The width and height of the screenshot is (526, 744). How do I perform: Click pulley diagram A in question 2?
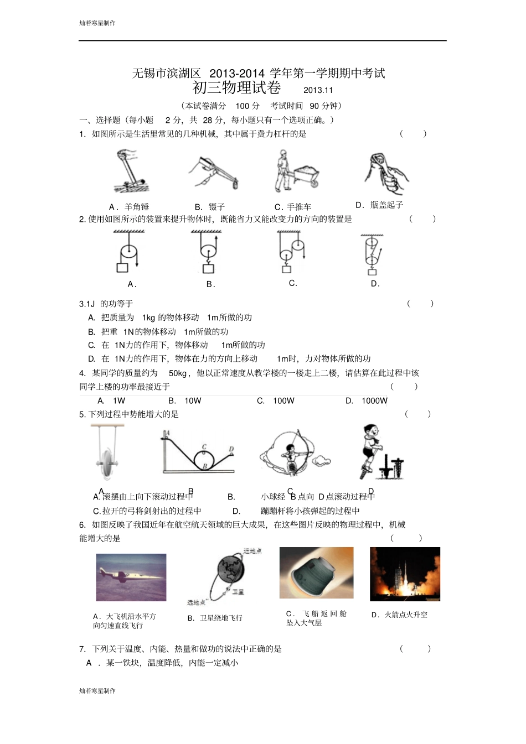click(128, 252)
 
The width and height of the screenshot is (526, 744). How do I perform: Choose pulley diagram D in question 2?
click(372, 254)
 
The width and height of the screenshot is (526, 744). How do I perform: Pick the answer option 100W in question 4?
click(283, 400)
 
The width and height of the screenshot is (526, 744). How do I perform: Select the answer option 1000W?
click(374, 400)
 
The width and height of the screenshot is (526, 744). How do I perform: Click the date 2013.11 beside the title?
click(318, 90)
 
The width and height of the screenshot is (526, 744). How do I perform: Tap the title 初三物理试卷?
click(236, 88)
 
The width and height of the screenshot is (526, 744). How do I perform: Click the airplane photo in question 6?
click(131, 577)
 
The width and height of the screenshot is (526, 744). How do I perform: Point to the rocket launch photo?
click(405, 574)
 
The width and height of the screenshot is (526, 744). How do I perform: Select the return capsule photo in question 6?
click(316, 573)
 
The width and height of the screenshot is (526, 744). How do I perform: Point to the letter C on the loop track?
click(204, 447)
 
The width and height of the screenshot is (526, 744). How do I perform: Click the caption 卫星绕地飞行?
click(221, 618)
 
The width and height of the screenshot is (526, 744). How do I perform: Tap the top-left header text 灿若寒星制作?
click(97, 23)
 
